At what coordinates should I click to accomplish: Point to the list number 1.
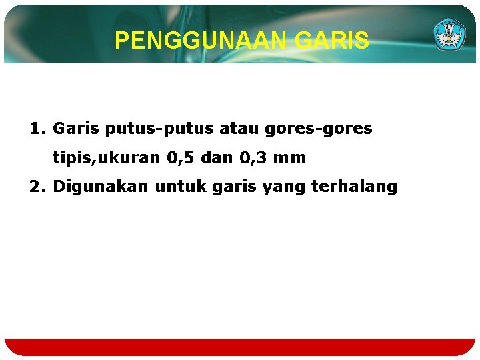[37, 128]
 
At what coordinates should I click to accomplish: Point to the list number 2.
[37, 187]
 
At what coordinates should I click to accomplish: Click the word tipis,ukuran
[106, 158]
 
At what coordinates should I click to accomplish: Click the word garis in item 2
[234, 187]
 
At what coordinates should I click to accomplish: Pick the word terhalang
[354, 187]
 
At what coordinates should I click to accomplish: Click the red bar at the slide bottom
[240, 347]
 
